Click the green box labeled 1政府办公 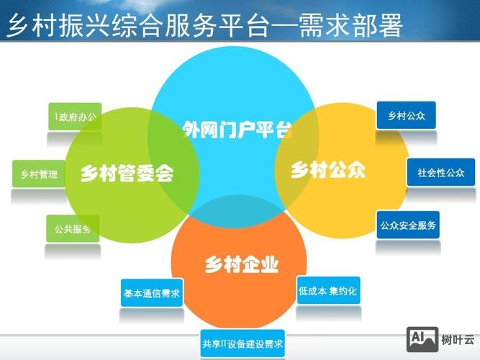[x=75, y=116]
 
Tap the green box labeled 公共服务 [x=73, y=229]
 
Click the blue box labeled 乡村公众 [x=406, y=116]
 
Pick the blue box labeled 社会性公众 [x=436, y=173]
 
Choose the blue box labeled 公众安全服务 [x=408, y=225]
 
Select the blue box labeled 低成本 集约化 [x=327, y=291]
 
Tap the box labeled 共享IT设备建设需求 [x=243, y=343]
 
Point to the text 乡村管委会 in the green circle [x=127, y=173]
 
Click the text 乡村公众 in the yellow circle [x=328, y=171]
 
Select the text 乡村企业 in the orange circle [x=241, y=264]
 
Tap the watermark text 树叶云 [x=458, y=339]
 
